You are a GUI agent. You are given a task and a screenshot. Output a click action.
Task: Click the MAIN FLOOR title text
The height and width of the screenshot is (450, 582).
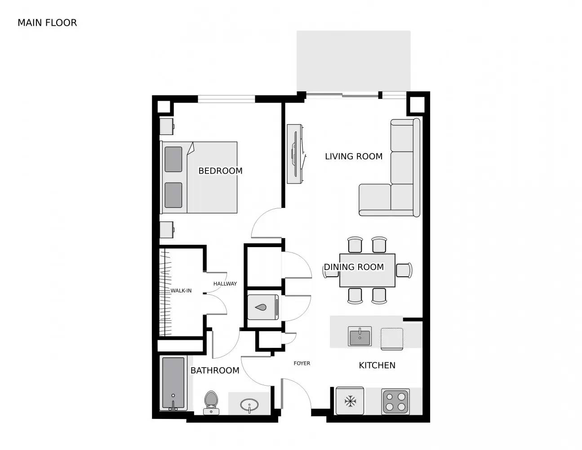click(47, 22)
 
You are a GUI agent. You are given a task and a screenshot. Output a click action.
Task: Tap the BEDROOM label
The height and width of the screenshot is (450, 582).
click(220, 171)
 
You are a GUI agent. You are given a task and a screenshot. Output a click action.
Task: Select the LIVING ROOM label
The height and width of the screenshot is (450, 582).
click(354, 156)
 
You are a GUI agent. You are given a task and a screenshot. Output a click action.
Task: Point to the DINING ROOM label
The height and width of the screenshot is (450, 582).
click(354, 267)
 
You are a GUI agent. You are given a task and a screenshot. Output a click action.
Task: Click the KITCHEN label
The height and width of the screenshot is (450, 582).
click(377, 365)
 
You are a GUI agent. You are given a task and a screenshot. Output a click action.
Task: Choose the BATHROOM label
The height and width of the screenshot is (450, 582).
click(215, 370)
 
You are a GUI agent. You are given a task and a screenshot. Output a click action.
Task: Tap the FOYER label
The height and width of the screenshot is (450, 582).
click(302, 363)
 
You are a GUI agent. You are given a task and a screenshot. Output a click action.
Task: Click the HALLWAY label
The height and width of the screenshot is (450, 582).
click(225, 283)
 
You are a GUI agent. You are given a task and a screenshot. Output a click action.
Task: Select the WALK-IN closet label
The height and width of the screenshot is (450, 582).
click(181, 291)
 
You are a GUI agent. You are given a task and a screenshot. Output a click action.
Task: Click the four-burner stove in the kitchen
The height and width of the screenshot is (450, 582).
click(395, 401)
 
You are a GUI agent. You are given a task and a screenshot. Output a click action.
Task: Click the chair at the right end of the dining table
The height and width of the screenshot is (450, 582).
click(404, 270)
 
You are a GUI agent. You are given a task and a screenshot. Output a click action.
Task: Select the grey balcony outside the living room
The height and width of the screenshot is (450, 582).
click(353, 61)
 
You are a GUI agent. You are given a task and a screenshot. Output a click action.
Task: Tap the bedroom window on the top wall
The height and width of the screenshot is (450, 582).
click(227, 99)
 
